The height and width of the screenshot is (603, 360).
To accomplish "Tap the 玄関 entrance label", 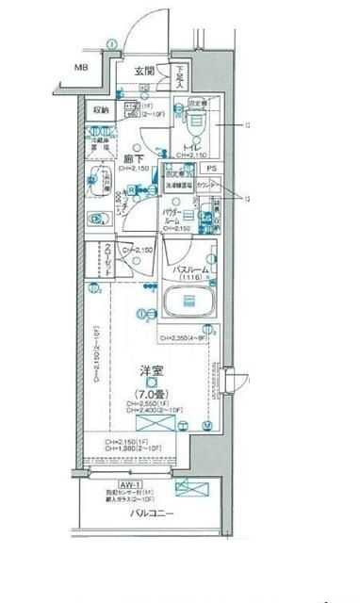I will click(x=143, y=71).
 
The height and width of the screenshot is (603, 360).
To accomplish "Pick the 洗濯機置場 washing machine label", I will click(x=182, y=186).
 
